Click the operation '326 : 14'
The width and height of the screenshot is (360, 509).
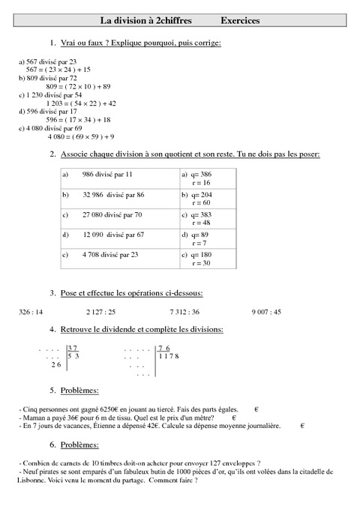coord(30,311)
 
